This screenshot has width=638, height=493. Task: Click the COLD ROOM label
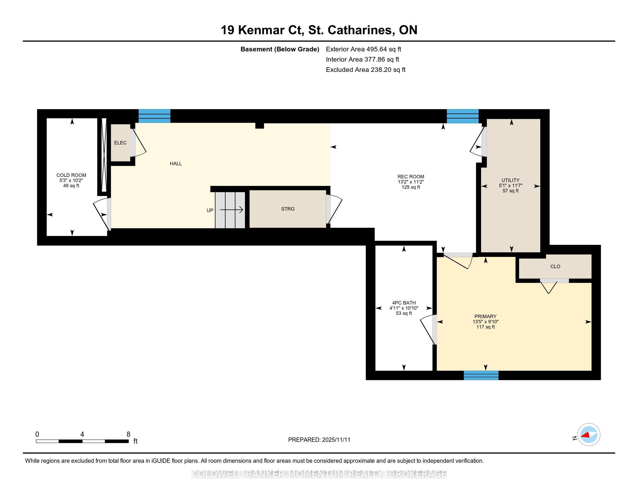click(71, 175)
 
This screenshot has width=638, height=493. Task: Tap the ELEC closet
click(120, 142)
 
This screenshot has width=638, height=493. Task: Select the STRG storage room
click(288, 209)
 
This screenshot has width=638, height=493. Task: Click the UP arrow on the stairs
click(231, 210)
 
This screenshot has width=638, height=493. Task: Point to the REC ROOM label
click(411, 177)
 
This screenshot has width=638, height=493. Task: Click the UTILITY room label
click(510, 180)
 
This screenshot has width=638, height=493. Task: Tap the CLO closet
click(555, 266)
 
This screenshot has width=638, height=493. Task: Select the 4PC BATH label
click(404, 303)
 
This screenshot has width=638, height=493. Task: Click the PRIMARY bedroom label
click(485, 316)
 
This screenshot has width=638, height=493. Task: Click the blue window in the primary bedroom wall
click(481, 375)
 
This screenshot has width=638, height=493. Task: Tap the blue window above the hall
click(154, 116)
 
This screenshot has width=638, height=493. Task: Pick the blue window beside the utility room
click(463, 116)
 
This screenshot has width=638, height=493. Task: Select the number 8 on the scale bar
click(128, 434)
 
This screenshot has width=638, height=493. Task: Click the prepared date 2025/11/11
click(336, 440)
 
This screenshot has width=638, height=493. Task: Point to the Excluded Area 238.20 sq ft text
click(366, 70)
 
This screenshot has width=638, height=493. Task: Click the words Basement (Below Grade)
click(280, 49)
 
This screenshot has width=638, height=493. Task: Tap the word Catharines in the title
click(360, 30)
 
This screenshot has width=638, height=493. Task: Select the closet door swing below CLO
click(549, 287)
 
